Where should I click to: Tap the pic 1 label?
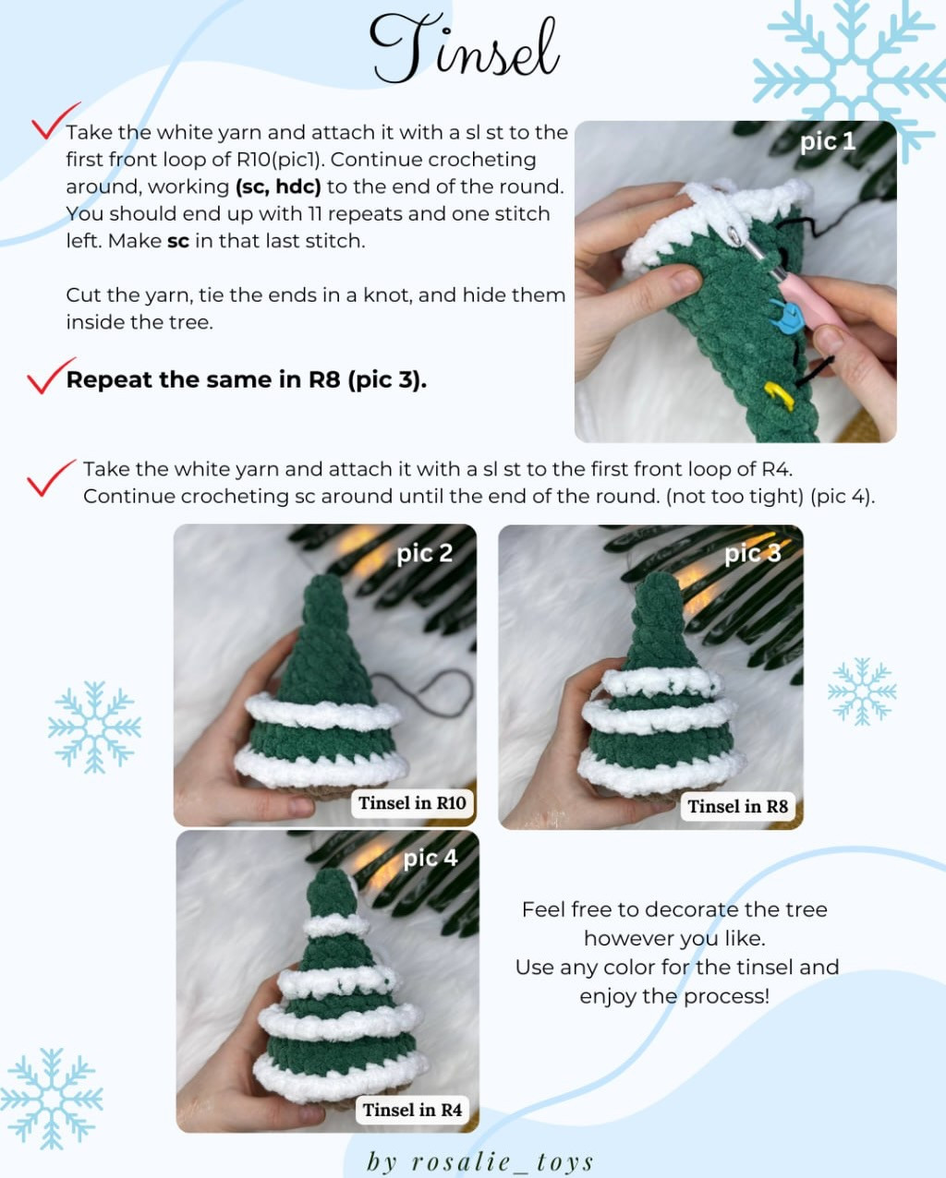[827, 141]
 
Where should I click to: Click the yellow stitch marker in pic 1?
[779, 396]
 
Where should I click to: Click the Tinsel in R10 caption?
[412, 803]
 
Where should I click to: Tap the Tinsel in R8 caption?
[737, 807]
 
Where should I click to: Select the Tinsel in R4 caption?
[412, 1111]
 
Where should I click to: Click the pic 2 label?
[424, 553]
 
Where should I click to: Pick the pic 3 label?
[752, 553]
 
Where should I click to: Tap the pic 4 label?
[430, 859]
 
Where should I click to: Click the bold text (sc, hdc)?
[278, 186]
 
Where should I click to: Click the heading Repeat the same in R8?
[246, 380]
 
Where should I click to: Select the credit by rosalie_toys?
[479, 1161]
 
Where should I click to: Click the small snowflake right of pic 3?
[861, 691]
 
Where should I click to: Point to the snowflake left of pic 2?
[94, 727]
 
